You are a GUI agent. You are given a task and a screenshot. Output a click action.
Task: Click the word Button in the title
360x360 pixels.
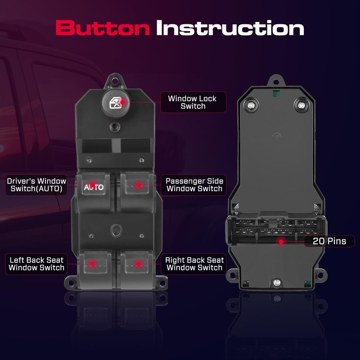pyautogui.click(x=102, y=28)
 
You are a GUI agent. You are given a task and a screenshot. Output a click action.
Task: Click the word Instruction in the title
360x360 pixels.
pyautogui.click(x=230, y=28)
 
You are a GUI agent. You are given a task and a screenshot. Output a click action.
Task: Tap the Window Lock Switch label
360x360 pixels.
pyautogui.click(x=193, y=102)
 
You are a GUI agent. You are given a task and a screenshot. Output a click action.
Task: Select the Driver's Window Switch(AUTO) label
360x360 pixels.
pyautogui.click(x=36, y=185)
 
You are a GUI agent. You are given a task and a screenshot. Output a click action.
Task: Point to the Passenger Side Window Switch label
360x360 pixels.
pyautogui.click(x=194, y=185)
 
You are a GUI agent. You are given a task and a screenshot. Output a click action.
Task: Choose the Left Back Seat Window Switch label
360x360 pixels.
pyautogui.click(x=36, y=264)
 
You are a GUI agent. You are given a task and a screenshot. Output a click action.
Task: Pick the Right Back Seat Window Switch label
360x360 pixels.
pyautogui.click(x=194, y=264)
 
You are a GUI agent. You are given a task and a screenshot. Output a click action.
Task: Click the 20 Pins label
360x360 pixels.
pyautogui.click(x=329, y=241)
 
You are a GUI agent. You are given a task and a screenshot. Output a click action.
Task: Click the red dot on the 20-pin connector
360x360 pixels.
pyautogui.click(x=282, y=242)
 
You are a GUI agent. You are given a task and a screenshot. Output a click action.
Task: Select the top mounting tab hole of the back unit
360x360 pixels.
pyautogui.click(x=275, y=82)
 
